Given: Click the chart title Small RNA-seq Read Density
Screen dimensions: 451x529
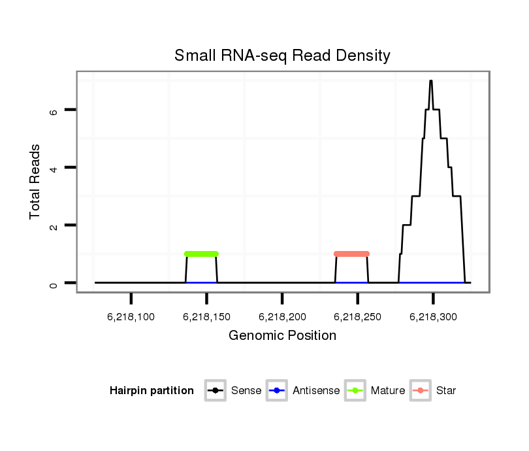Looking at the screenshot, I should tap(282, 56).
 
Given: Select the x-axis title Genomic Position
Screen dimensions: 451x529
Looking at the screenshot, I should tap(282, 336).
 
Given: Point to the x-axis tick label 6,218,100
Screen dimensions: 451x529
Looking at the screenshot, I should tap(131, 317).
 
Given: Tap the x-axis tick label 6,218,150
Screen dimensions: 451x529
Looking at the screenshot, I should tap(206, 317).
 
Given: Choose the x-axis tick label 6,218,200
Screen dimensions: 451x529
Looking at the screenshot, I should tap(282, 317).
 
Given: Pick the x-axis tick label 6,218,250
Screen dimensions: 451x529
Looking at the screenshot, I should tap(357, 317).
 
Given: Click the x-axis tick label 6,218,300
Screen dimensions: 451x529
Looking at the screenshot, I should tap(433, 317).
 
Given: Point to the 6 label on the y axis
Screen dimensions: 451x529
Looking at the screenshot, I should tap(54, 110).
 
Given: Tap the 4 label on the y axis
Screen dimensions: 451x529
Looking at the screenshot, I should tap(54, 168).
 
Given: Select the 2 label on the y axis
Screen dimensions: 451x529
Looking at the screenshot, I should tap(54, 225).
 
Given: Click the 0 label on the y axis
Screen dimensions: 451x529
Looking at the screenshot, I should tap(54, 283).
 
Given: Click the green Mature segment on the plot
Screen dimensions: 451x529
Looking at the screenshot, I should tap(201, 254).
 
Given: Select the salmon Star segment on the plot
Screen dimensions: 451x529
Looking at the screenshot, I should tap(351, 254).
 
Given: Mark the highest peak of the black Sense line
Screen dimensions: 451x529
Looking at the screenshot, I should tap(431, 80).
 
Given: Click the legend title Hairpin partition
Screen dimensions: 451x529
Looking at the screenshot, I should tap(152, 391).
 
